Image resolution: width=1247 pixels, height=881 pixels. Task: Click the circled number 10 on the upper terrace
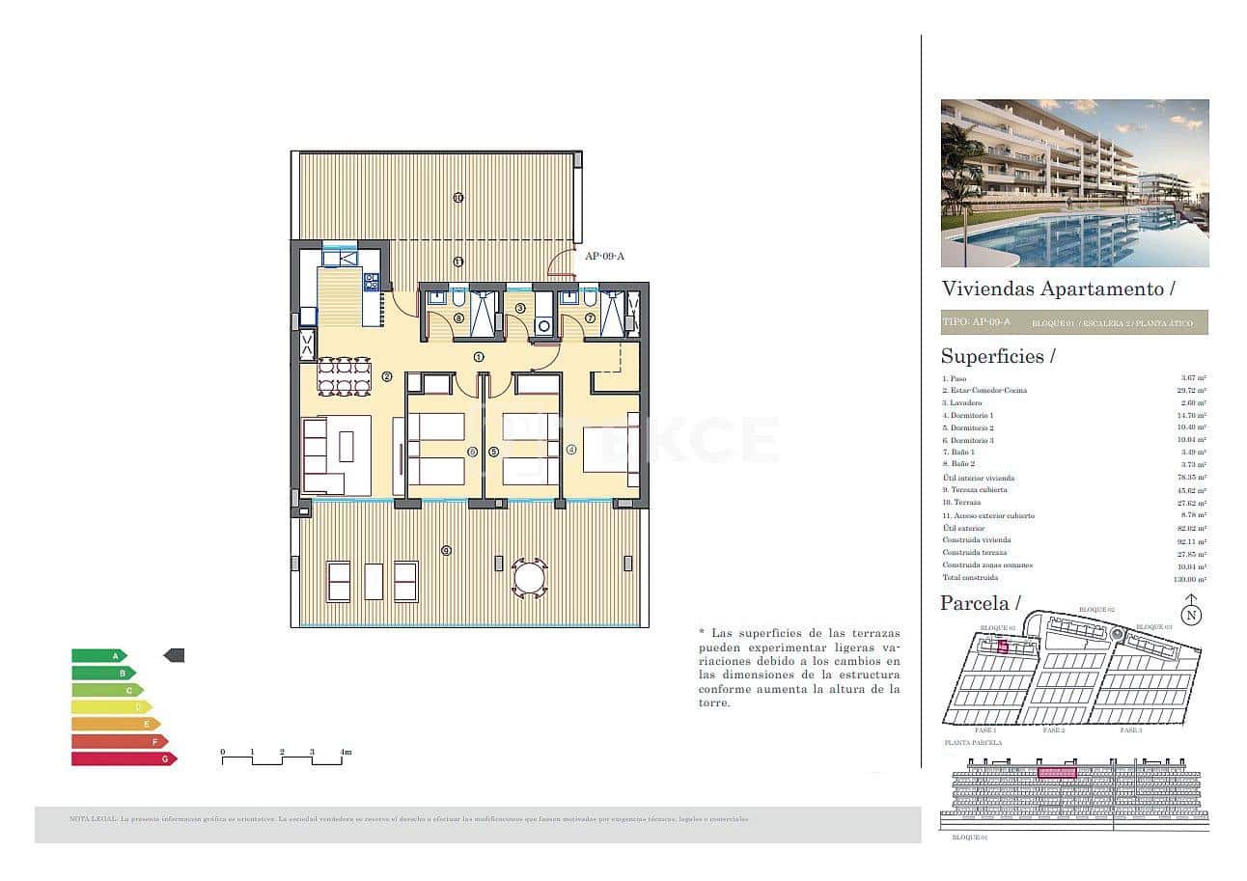[x=457, y=198]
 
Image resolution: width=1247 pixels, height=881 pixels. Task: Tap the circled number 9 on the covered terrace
[x=445, y=550]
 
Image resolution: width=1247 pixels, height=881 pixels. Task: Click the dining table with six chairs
[x=345, y=376]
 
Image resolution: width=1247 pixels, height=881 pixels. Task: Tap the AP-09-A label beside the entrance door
[x=605, y=256]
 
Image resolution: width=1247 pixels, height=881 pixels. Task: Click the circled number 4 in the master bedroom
[x=571, y=449]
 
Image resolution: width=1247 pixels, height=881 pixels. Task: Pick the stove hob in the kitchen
[x=371, y=282]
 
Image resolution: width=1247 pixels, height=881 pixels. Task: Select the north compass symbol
[x=1192, y=614]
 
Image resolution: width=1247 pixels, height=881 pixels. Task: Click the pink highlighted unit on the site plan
[x=1003, y=647]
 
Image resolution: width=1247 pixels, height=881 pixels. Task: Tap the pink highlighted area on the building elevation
[x=1056, y=772]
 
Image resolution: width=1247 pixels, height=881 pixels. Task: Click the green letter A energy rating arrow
[x=97, y=656]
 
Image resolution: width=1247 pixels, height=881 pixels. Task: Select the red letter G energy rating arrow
[x=123, y=758]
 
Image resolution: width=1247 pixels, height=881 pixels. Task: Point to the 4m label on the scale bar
[x=345, y=752]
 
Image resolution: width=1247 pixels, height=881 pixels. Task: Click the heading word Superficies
[x=992, y=356]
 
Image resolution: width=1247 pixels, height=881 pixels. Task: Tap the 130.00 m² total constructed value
[x=1193, y=578]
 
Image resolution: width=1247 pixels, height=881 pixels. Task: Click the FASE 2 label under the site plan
[x=1053, y=730]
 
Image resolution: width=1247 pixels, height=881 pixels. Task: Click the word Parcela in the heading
[x=974, y=603]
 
